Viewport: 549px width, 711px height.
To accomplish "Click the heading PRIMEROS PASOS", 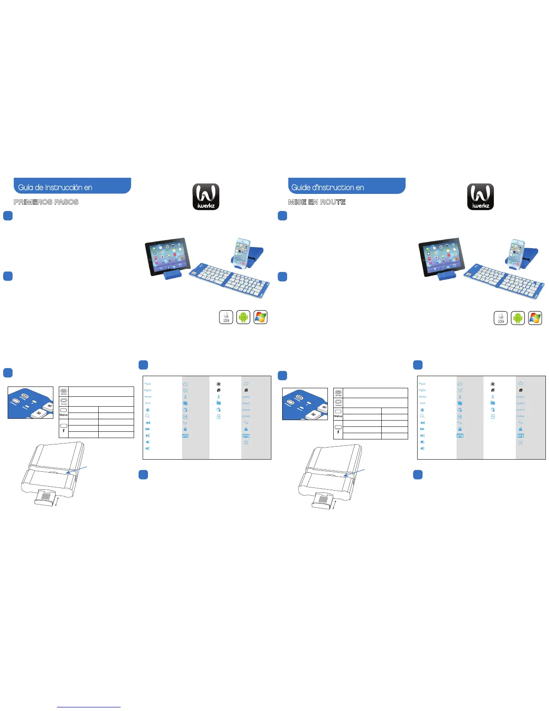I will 46,202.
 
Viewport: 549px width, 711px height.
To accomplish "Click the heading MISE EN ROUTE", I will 317,202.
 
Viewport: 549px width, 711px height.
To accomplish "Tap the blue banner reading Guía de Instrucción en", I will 72,186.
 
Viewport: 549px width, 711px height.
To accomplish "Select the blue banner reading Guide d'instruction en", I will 346,186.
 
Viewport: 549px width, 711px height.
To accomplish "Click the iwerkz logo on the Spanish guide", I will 206,197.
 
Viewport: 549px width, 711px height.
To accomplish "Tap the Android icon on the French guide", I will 518,318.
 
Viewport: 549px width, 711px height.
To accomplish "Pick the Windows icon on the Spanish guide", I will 260,317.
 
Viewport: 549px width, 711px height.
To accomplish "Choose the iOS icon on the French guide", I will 501,318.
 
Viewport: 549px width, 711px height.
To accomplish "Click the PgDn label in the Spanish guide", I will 148,390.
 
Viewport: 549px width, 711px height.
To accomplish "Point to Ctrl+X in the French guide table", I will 520,397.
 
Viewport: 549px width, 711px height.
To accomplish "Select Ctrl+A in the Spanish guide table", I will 246,416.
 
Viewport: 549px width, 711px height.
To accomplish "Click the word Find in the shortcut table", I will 148,403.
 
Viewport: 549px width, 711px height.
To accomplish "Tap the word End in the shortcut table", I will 422,403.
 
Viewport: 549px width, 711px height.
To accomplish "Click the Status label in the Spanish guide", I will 64,415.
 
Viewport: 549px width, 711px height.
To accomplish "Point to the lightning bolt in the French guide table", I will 338,432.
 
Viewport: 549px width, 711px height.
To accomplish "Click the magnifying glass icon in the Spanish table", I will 148,416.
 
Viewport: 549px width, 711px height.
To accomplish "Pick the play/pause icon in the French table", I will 422,435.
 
